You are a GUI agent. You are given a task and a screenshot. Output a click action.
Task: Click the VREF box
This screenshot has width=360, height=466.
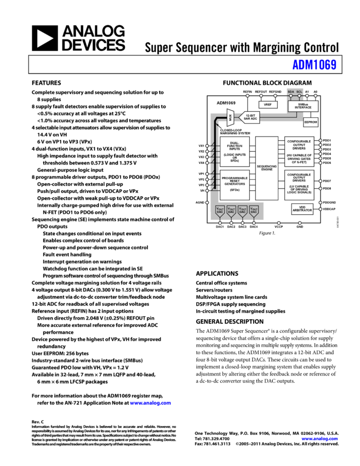point(268,104)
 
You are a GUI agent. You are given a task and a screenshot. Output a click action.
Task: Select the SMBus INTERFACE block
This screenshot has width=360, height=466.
point(302,106)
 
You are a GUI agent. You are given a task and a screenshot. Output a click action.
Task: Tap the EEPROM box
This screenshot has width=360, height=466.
point(310,122)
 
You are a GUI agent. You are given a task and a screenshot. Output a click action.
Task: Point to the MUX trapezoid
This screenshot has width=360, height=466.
point(231,117)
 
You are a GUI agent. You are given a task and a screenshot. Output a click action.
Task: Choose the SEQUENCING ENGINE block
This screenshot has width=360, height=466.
point(267,168)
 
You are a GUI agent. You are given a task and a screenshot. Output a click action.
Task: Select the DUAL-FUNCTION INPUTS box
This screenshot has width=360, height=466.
point(235,152)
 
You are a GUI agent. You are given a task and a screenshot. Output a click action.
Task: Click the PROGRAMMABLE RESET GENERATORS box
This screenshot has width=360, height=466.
point(235,185)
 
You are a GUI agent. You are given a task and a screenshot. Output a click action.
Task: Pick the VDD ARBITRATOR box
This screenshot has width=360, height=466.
point(302,209)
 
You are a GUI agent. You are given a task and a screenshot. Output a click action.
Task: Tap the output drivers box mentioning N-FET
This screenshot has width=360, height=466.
point(299,152)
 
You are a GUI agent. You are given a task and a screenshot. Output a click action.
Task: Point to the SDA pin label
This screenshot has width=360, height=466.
point(291,92)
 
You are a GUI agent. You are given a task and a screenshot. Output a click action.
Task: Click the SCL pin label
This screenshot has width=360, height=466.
point(299,92)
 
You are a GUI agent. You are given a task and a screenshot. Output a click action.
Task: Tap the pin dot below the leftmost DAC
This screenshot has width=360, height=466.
point(220,223)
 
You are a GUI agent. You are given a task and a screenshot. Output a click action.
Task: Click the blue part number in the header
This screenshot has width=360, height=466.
point(315,65)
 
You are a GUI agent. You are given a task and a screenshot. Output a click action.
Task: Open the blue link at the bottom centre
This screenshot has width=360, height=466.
point(151,403)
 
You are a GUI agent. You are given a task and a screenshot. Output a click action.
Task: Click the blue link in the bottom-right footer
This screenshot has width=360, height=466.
point(319,439)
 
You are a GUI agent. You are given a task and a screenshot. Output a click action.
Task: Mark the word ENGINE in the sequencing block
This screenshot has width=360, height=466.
point(267,170)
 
